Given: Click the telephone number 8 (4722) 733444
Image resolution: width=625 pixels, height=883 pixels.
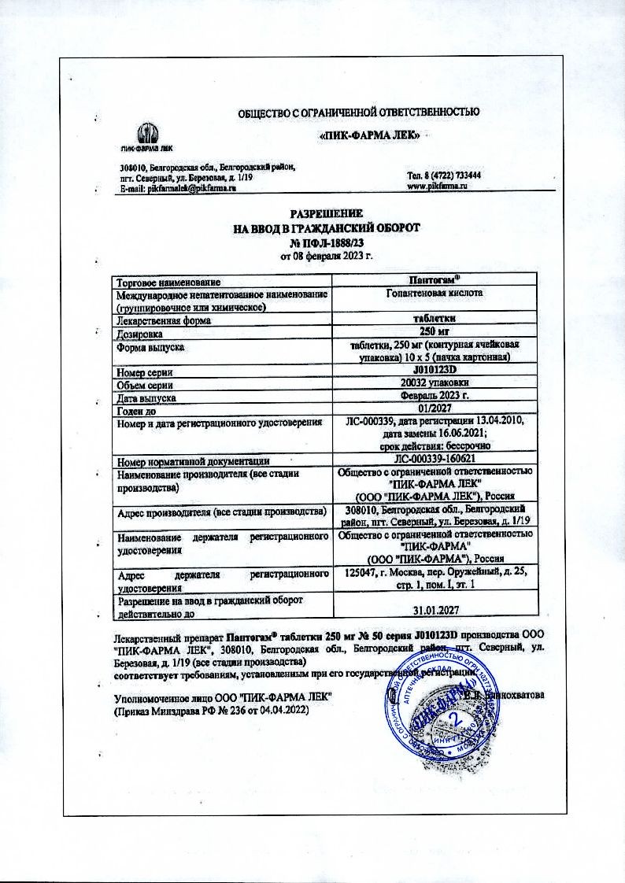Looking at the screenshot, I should pyautogui.click(x=444, y=175).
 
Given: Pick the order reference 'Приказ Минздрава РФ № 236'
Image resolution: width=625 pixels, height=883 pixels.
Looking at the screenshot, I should pyautogui.click(x=212, y=710).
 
